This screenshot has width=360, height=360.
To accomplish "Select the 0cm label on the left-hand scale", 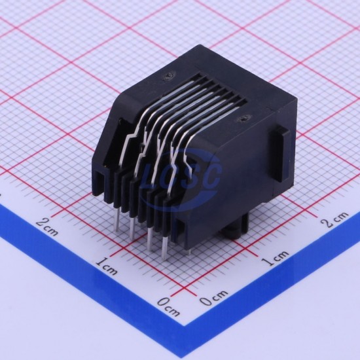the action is [x=168, y=306].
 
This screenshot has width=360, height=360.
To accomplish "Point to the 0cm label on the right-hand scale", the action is [x=213, y=298].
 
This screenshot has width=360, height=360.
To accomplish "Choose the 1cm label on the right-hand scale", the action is [x=276, y=258].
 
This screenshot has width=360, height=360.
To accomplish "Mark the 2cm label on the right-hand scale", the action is [x=335, y=219].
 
